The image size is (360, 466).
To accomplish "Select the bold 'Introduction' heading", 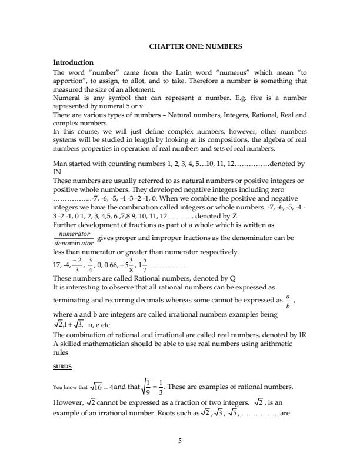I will click(x=73, y=62).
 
